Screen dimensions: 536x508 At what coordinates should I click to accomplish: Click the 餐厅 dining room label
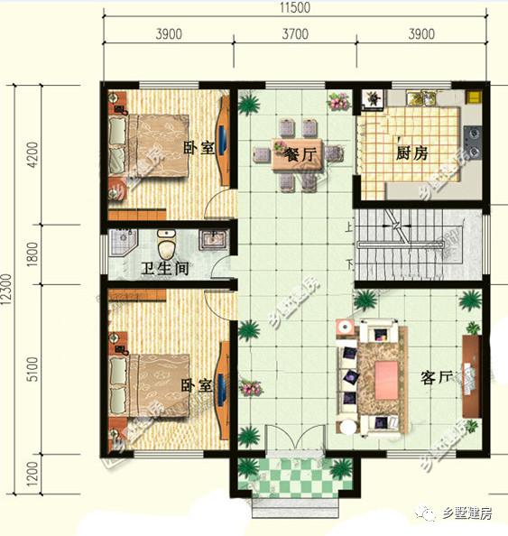[300, 155]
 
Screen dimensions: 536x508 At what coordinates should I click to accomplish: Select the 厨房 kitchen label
[410, 153]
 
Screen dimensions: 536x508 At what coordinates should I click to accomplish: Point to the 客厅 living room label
[437, 376]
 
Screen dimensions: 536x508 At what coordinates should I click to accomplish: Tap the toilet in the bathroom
[166, 243]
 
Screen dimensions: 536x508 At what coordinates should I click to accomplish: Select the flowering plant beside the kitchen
[338, 102]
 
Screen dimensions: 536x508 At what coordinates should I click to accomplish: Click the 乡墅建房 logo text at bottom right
[466, 514]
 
